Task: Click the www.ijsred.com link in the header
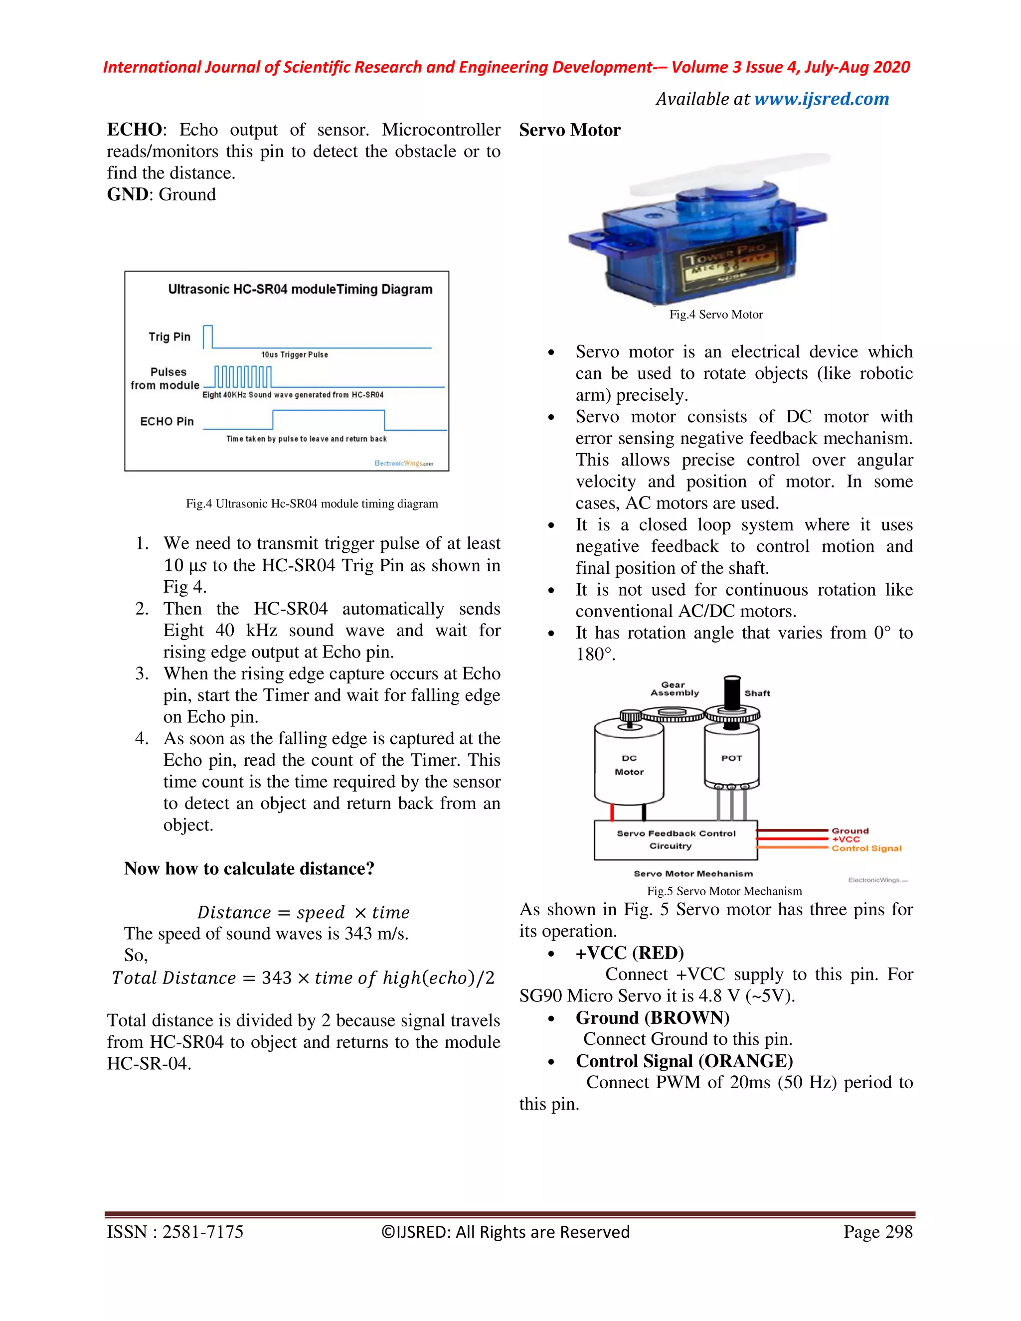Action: (822, 99)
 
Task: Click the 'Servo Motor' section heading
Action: (569, 130)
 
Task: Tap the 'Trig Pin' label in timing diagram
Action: (170, 337)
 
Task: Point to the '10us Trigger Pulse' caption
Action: (295, 354)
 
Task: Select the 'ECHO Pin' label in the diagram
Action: (167, 421)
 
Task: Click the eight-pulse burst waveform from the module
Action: (242, 376)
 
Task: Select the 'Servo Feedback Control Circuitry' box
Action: (676, 839)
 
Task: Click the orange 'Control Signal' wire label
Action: (866, 848)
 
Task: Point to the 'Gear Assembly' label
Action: (675, 689)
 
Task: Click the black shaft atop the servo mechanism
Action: (732, 692)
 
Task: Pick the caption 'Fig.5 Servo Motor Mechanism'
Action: (724, 891)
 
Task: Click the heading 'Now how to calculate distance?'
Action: (249, 868)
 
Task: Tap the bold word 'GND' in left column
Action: (127, 195)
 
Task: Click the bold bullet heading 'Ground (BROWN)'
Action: (652, 1018)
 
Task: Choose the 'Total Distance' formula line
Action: (303, 978)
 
